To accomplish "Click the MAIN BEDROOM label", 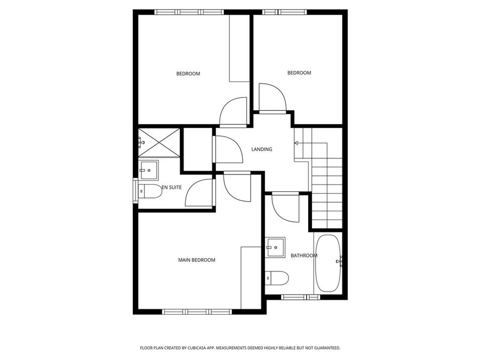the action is coord(196,260).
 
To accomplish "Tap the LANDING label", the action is coord(262,149).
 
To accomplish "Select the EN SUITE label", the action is coord(172,187).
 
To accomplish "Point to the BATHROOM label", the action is coord(304,255).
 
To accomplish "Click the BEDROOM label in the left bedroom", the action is coord(188,74).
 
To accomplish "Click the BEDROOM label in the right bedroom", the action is coord(299,73).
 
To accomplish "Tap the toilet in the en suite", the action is coord(150,191).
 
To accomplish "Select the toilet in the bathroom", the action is coord(277,278).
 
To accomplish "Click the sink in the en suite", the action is coord(149,170).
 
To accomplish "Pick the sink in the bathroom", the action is coord(275,247).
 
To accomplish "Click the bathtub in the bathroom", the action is coord(328,263).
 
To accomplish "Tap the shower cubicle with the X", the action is coord(159,142).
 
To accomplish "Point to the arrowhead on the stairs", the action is coord(296,142).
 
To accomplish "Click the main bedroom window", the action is coord(197,311).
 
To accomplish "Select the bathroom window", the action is coord(300,297).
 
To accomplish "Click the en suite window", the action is coord(135,190).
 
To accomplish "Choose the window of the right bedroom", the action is coord(285,12).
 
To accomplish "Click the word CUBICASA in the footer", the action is coord(197,348).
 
